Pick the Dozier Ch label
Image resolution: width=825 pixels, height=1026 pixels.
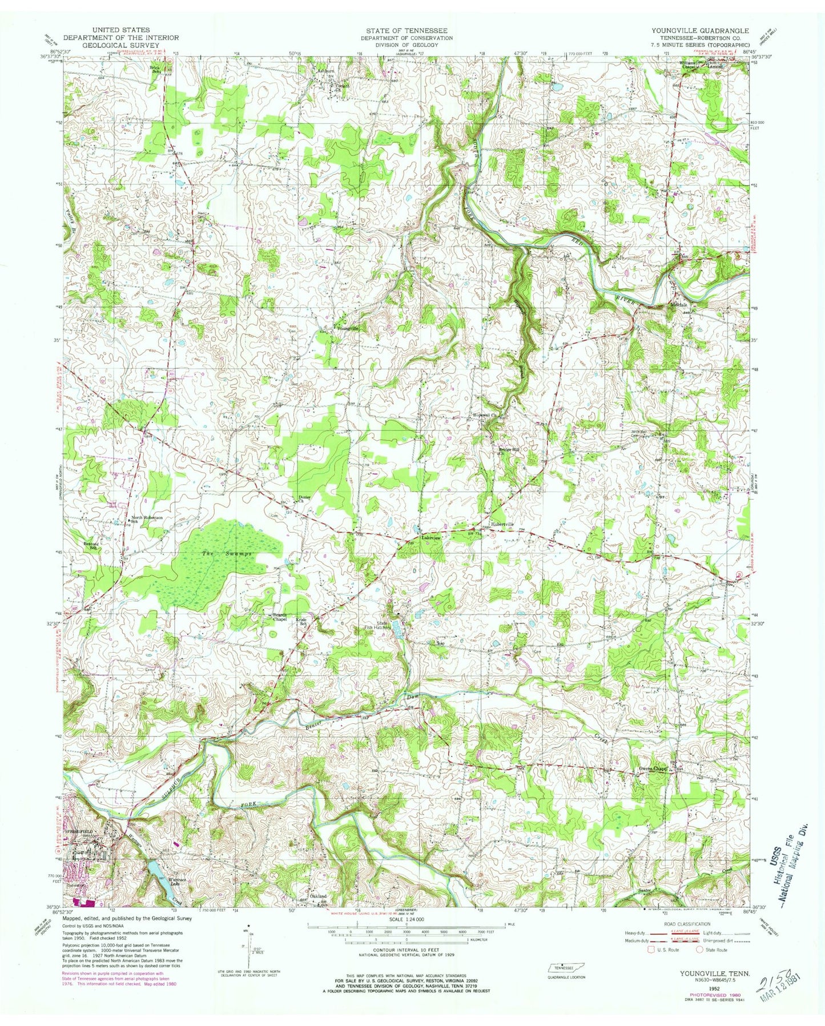click(304, 499)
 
